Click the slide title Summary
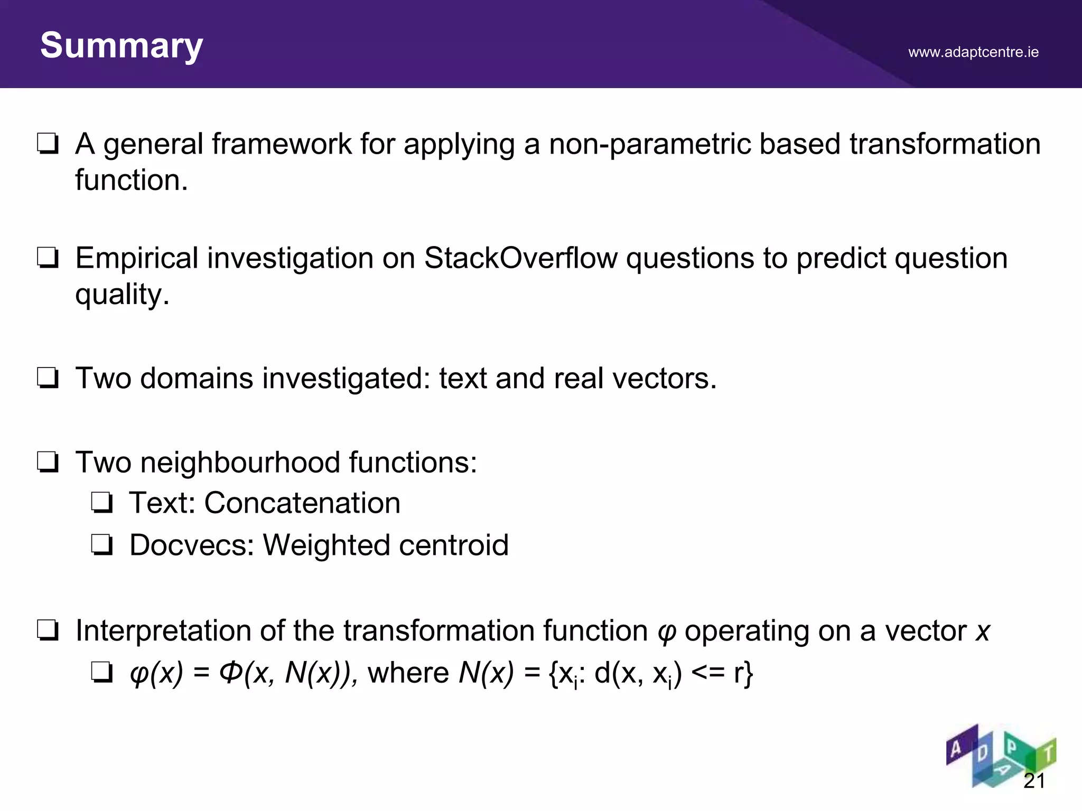tap(122, 46)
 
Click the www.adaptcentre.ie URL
tap(973, 52)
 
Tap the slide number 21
tap(1034, 780)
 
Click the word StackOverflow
tap(520, 259)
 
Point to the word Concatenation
tap(302, 503)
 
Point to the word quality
tap(122, 295)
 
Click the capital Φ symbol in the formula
tap(231, 673)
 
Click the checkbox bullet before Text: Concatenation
tap(101, 503)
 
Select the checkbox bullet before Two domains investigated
tap(48, 379)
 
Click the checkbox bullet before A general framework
tap(48, 144)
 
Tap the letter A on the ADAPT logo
tap(956, 749)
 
